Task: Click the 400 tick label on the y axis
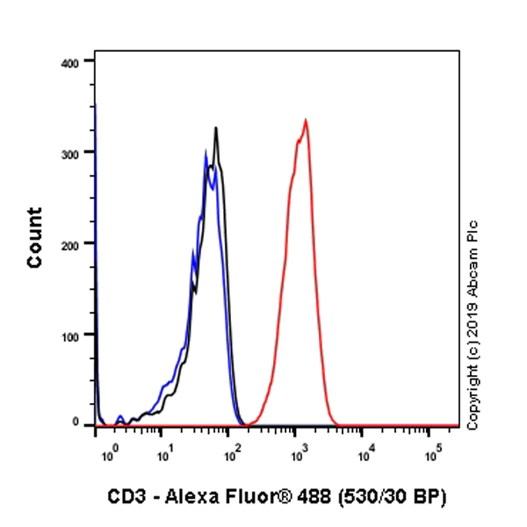coord(71,62)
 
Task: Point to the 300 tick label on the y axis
coord(71,153)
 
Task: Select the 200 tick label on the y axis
coord(71,244)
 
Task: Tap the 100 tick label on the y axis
coord(71,336)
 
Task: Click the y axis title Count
coord(35,237)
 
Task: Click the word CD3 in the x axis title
coord(126,498)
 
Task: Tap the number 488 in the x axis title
coord(322,498)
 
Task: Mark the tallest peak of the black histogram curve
coord(215,129)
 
